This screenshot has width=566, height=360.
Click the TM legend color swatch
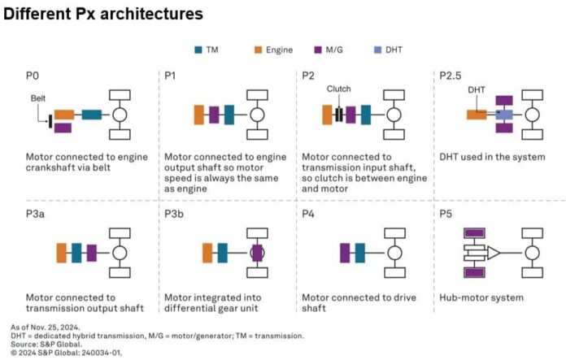coord(198,50)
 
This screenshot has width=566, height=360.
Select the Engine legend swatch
coord(258,50)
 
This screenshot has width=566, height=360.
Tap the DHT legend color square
coord(377,50)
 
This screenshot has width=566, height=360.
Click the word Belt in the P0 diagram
coord(38,98)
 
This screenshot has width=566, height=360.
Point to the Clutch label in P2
coord(338,89)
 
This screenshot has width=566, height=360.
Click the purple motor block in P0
coord(63,128)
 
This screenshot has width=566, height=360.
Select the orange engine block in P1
coord(199,115)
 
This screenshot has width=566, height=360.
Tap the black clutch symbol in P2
coord(338,115)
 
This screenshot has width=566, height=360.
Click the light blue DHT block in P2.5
coord(504,115)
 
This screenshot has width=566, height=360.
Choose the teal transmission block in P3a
coord(76,253)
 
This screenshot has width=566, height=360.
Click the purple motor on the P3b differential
coord(257,253)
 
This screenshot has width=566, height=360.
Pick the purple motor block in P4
coord(345,253)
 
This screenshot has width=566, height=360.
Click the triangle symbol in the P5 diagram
coord(493,253)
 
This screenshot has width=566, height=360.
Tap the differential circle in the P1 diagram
coord(257,115)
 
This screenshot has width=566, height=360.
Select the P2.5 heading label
coord(451,76)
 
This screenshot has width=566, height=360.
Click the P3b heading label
coord(174,214)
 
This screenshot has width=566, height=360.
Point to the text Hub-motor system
coord(481,297)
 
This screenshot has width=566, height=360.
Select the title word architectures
coord(151,14)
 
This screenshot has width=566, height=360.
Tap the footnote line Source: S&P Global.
coord(46,344)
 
